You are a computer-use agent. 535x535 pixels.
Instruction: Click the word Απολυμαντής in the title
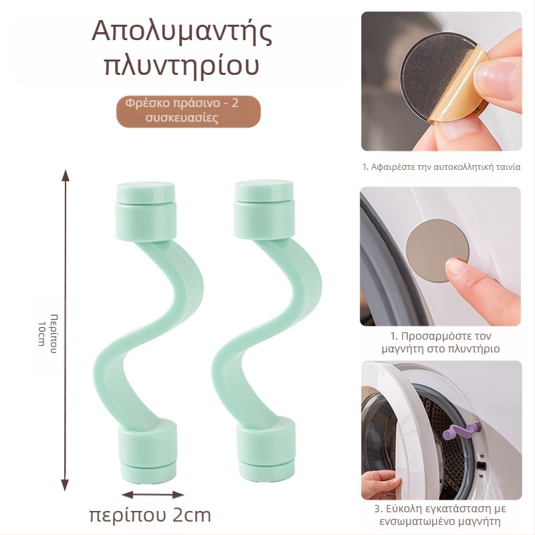[181, 33]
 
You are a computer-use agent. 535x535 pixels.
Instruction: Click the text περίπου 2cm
[150, 516]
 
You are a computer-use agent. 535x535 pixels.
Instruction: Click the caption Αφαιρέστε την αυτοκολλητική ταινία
[441, 167]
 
